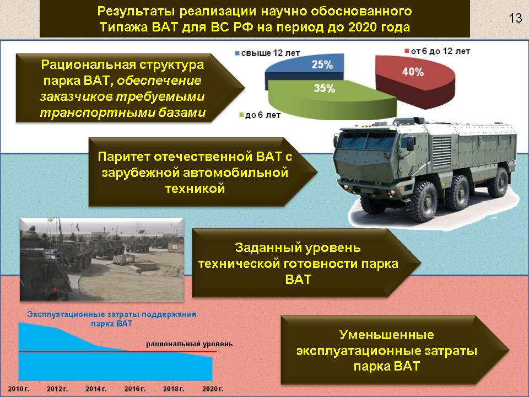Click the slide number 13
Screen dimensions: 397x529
click(x=515, y=18)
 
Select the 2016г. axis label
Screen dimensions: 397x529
click(x=134, y=389)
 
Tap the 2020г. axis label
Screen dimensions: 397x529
click(x=212, y=389)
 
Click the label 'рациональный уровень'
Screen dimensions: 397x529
click(x=189, y=344)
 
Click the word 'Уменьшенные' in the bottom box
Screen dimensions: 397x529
click(x=386, y=335)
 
